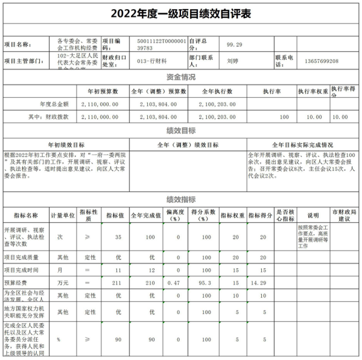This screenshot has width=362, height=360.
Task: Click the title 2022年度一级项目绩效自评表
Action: point(181,13)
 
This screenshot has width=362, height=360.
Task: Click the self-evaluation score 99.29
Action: point(235,44)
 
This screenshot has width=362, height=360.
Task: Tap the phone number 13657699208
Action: point(322,61)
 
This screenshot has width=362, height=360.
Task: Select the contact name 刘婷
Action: point(232,61)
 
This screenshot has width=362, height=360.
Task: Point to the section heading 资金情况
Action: point(181,77)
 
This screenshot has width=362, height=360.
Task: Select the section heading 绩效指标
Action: point(181,199)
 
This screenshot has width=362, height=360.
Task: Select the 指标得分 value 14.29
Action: point(263,282)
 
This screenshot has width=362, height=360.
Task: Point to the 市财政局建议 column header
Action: point(345,215)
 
